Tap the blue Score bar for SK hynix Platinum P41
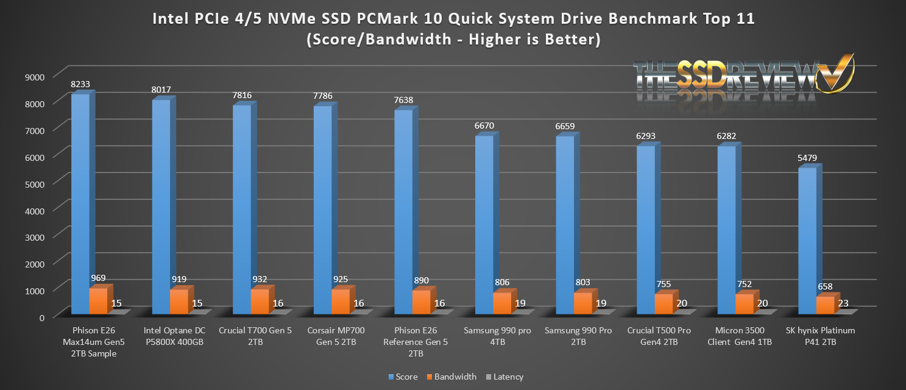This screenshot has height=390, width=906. [807, 241]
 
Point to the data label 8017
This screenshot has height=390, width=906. [161, 90]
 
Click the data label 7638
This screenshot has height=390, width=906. [403, 100]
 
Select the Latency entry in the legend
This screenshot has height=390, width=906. [504, 377]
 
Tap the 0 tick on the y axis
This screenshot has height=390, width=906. [42, 316]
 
